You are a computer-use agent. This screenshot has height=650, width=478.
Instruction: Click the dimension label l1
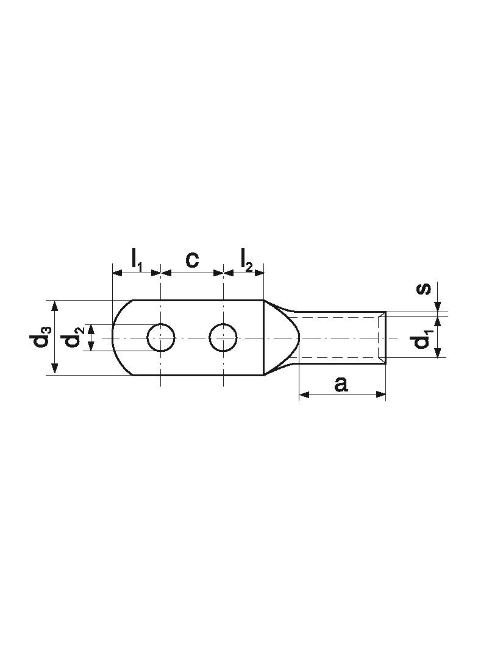pos(137,260)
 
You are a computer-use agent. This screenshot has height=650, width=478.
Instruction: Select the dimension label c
pos(191,260)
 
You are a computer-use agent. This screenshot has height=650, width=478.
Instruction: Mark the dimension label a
pos(341,384)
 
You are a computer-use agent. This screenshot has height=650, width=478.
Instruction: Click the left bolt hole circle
pos(161,337)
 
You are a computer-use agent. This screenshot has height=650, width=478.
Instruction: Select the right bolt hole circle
pos(224,337)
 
